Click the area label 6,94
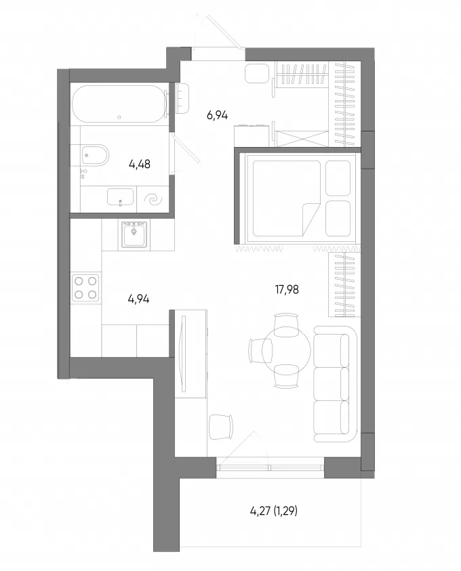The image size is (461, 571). [x=217, y=115]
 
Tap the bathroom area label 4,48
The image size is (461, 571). [x=140, y=164]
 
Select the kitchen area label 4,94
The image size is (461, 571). [x=138, y=299]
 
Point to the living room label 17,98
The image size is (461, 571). [x=287, y=290]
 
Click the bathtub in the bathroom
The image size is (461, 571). [x=119, y=104]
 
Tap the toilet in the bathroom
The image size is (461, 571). [x=94, y=156]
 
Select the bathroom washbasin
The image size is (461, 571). [x=120, y=197]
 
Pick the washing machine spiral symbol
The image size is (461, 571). [x=153, y=199]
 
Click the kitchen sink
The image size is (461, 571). [x=134, y=234]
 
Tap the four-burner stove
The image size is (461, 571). [x=85, y=287]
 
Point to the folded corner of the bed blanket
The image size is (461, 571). [x=310, y=219]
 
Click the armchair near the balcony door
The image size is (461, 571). [x=221, y=427]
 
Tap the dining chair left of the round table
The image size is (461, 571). [x=260, y=350]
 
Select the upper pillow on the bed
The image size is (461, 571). [x=338, y=178]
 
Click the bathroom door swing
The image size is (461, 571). [x=185, y=148]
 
